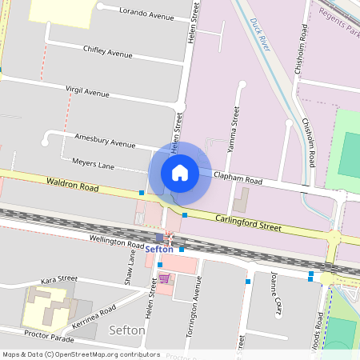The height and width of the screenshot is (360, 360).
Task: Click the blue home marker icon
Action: click(180, 172)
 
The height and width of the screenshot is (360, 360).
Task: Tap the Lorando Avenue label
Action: click(146, 15)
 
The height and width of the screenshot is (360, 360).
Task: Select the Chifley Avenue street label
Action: click(107, 52)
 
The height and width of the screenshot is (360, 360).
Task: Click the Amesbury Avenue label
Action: click(105, 143)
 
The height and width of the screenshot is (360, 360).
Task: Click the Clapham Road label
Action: click(238, 180)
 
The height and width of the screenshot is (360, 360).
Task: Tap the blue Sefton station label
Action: click(160, 250)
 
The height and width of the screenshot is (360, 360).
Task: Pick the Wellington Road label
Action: click(116, 241)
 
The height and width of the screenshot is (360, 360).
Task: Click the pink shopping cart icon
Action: click(163, 278)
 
